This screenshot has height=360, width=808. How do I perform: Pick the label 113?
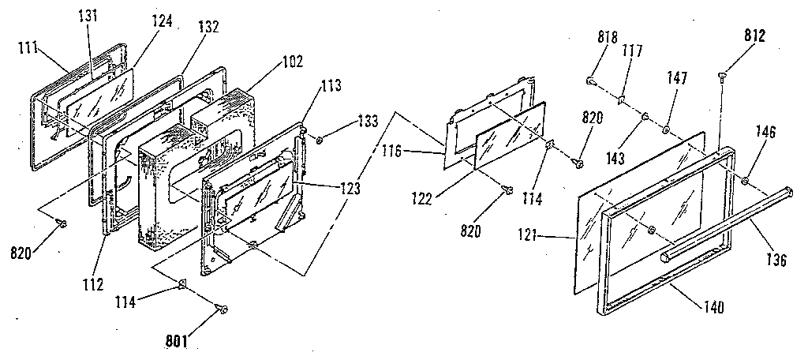pyautogui.click(x=331, y=101)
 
